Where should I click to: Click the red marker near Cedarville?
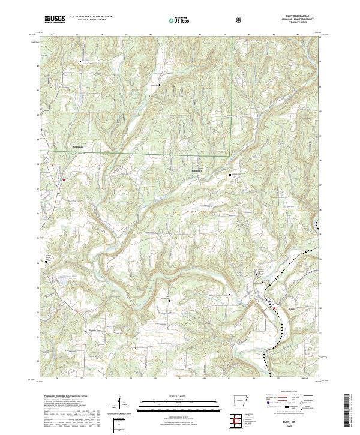[63, 179]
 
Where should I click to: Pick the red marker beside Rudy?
[275, 308]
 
